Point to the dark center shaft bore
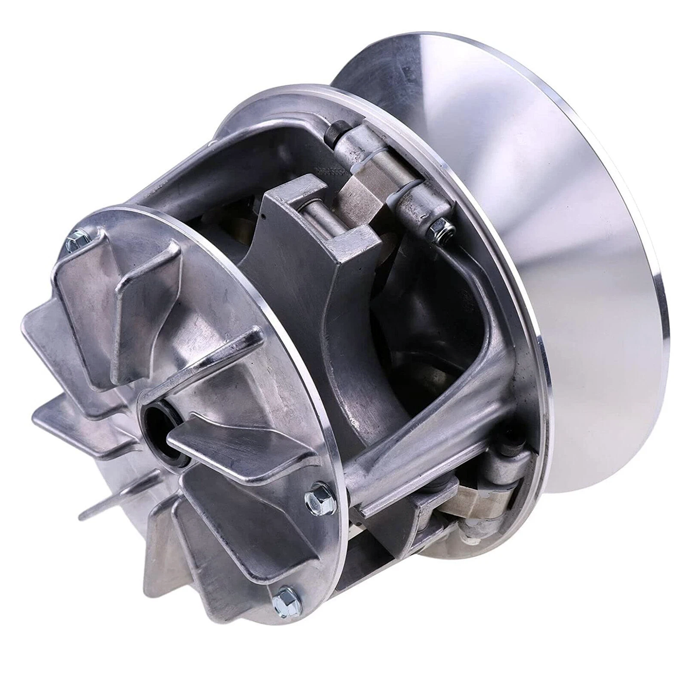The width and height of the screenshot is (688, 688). (x=160, y=419)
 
